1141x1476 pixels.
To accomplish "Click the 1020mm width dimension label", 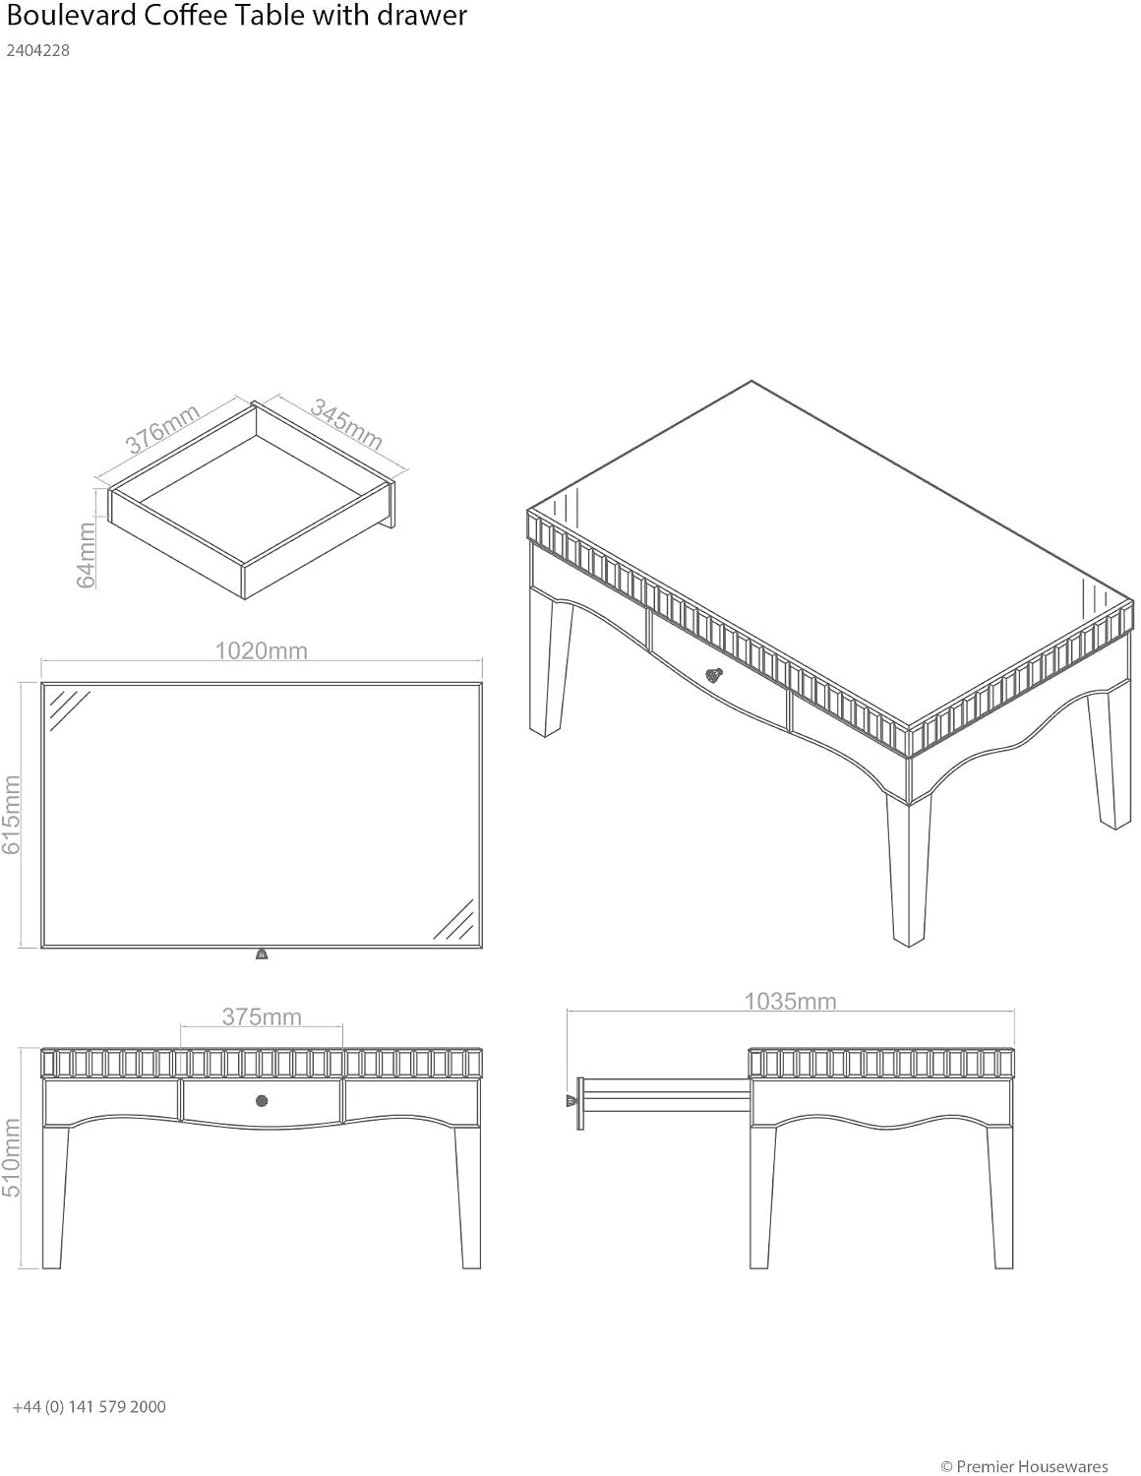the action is tap(262, 650).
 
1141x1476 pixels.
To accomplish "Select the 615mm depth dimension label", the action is tap(12, 815).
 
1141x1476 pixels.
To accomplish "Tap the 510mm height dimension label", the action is tap(12, 1157).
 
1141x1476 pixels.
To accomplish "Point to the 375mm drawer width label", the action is tap(262, 1016).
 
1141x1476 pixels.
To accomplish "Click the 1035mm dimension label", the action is tap(790, 1001).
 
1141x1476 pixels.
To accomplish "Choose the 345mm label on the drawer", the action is tap(346, 424).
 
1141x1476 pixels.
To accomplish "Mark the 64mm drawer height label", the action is tap(87, 555).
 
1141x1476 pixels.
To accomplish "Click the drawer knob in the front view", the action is tap(262, 1100).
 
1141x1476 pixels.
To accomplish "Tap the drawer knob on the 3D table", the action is tap(714, 675).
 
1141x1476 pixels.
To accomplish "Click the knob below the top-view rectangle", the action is tap(262, 954).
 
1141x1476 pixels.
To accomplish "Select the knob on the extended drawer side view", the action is tap(570, 1100).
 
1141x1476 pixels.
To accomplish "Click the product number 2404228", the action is tap(38, 51).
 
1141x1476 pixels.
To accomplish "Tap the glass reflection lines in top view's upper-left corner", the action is tap(69, 709).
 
